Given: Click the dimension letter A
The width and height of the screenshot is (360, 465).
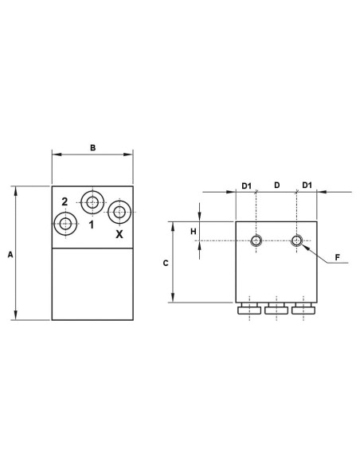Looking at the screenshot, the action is [10, 255].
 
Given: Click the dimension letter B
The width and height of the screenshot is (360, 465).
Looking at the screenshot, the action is [93, 147].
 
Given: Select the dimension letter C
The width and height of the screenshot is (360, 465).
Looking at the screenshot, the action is [166, 263].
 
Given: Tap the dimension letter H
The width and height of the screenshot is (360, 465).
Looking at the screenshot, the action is [194, 232].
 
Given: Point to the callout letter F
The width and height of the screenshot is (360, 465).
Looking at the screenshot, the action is [337, 257].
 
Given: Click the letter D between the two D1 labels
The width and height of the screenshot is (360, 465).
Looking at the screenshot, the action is [276, 185].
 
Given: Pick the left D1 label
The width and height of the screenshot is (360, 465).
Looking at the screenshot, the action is [246, 186].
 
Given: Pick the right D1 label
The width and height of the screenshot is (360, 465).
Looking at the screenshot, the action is [307, 185].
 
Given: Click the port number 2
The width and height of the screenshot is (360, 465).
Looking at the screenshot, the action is [65, 202].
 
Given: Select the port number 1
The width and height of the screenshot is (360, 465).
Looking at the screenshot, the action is [92, 225].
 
